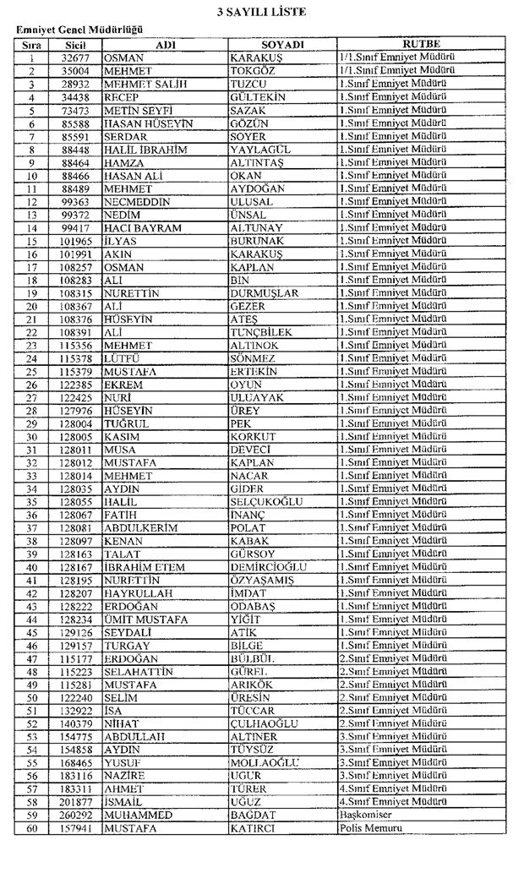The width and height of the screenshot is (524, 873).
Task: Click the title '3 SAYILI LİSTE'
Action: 261,12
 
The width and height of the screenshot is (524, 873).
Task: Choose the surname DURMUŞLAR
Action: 265,293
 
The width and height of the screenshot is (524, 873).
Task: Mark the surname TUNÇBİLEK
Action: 261,332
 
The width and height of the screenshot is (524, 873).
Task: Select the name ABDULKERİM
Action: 140,528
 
